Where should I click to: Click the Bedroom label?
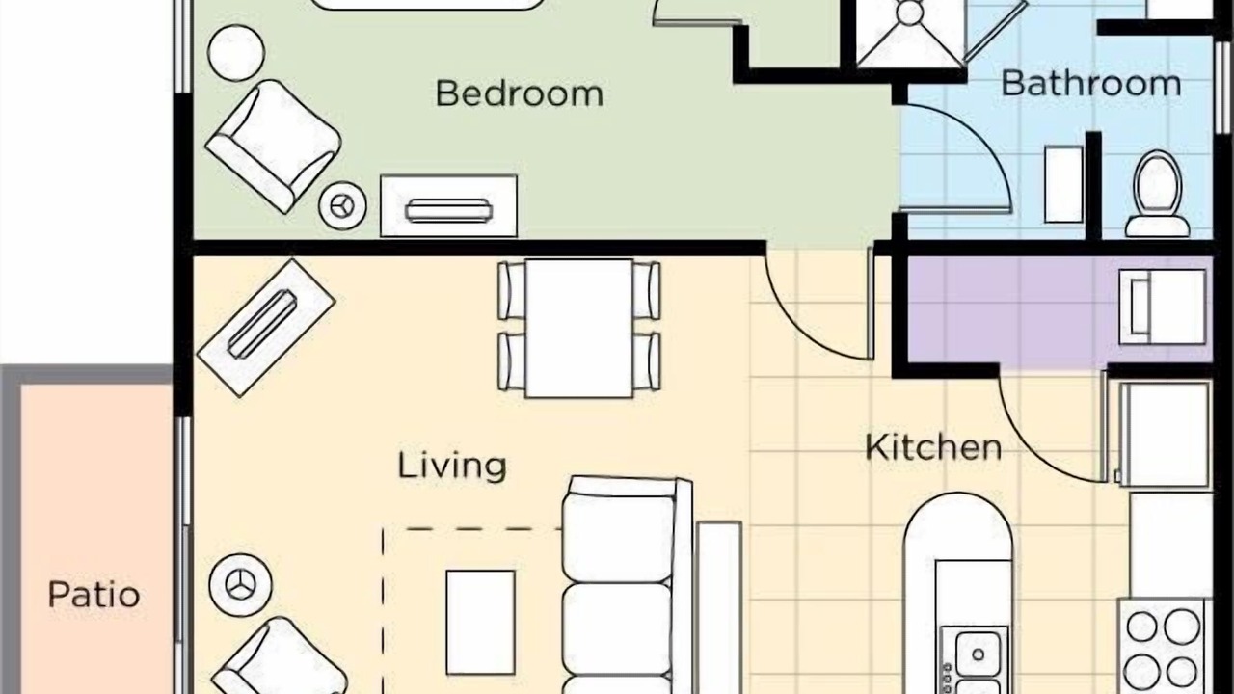click(520, 93)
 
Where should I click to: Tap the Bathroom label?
click(1090, 84)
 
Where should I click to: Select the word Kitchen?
click(933, 448)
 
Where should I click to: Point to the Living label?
click(452, 466)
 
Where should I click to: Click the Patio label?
click(94, 595)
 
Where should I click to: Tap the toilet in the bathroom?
click(1158, 194)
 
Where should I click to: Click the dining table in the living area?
click(579, 328)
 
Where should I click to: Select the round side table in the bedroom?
click(236, 53)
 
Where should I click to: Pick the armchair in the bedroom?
click(273, 146)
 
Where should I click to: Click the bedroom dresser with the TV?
click(448, 206)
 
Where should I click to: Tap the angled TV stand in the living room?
click(266, 328)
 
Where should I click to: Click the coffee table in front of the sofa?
click(480, 623)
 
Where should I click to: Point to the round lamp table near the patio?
click(240, 584)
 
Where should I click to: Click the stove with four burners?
click(1163, 646)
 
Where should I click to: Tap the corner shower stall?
click(910, 32)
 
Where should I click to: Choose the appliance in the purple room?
click(1163, 307)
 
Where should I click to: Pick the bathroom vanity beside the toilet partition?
click(1063, 184)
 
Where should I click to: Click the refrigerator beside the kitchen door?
click(1164, 435)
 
